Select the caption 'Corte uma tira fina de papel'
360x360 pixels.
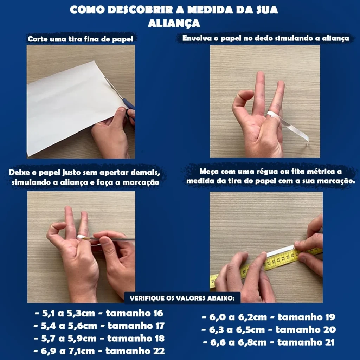pos(81,39)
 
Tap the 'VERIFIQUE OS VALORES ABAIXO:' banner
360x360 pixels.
pos(182,298)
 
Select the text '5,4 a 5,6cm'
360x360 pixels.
pos(69,326)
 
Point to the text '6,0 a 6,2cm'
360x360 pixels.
pos(238,317)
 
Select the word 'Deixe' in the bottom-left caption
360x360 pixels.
pos(19,172)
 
